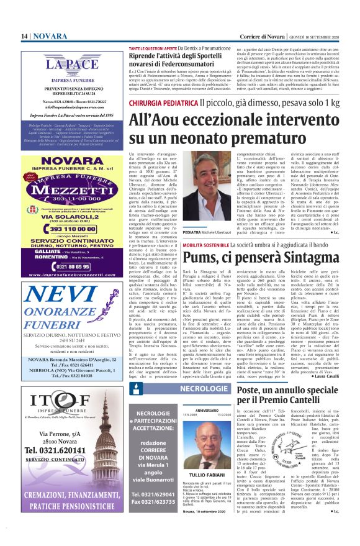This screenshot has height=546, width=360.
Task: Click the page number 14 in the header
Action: tap(24, 37)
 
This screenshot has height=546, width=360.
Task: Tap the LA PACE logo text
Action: tap(60, 64)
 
